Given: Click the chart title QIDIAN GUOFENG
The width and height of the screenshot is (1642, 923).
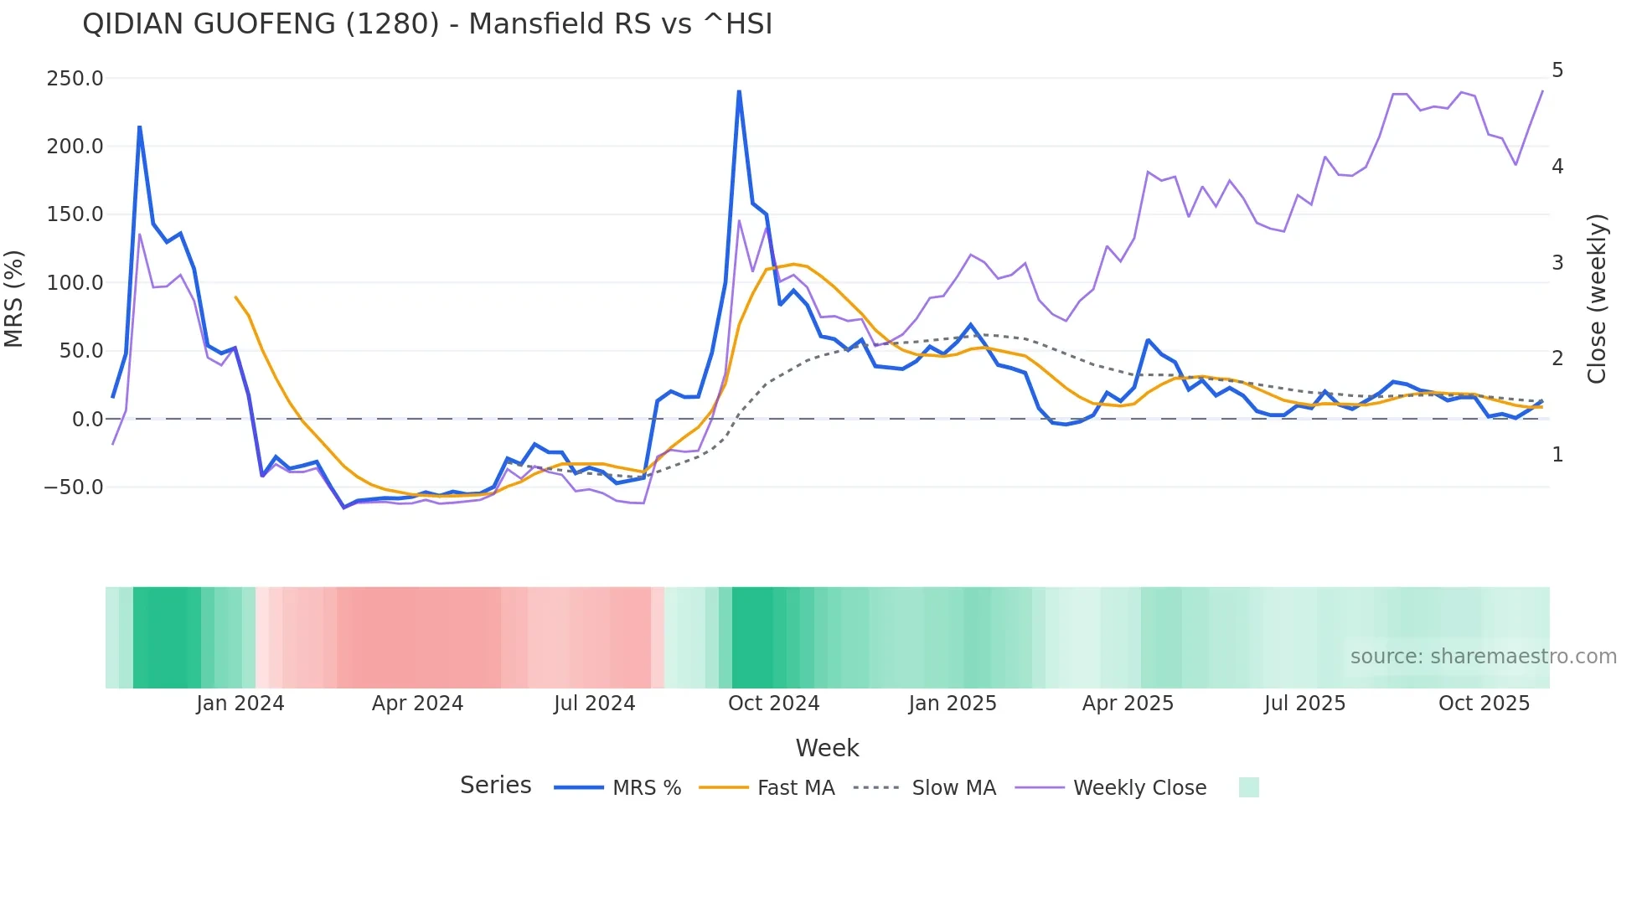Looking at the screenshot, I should pos(426,24).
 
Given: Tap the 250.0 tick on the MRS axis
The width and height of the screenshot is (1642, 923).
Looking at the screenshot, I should pos(75,79).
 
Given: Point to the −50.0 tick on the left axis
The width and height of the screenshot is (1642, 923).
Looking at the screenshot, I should pos(73,487).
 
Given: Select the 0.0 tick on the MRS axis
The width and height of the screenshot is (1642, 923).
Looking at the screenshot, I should pos(87,420).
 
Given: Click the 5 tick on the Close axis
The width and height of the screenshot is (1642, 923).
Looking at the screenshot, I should pos(1557,70).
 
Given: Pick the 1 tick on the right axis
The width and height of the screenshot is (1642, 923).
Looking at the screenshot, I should pos(1557,455).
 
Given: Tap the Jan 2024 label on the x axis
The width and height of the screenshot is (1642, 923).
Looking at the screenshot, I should pos(240,704).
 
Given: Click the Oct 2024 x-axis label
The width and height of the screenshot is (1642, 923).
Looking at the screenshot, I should pos(773,704).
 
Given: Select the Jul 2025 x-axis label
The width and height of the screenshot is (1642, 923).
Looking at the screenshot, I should pos(1304,704).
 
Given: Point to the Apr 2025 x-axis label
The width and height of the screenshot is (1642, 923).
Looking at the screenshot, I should pos(1128,704).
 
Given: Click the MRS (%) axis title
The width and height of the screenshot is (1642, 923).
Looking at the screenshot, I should pos(14,299).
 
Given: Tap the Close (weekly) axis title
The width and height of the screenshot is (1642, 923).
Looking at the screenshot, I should pos(1597,299).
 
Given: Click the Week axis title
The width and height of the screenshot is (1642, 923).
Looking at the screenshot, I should pos(827,748).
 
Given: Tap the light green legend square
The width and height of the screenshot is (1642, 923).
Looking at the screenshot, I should pos(1248,788).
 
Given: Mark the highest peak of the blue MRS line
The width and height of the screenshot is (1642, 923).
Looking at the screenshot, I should pos(739,91).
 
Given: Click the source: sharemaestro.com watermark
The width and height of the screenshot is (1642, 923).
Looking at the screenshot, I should pos(1483,657).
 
